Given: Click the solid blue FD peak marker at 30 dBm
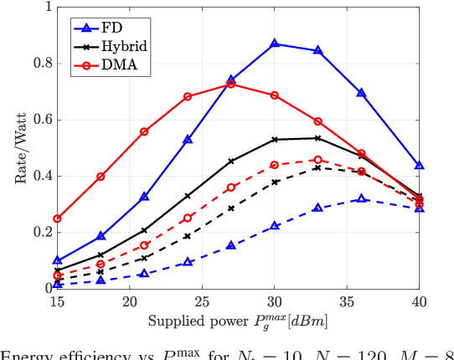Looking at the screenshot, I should tap(275, 43).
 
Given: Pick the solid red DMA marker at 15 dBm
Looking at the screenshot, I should tap(58, 219).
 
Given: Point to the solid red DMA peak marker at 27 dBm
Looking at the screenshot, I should tap(231, 84).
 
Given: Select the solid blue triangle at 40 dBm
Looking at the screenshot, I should tap(419, 166).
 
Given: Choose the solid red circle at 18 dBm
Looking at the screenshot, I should tap(101, 177).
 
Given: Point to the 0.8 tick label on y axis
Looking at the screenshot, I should tap(40, 64).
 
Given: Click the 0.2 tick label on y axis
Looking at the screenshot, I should tap(40, 233).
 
